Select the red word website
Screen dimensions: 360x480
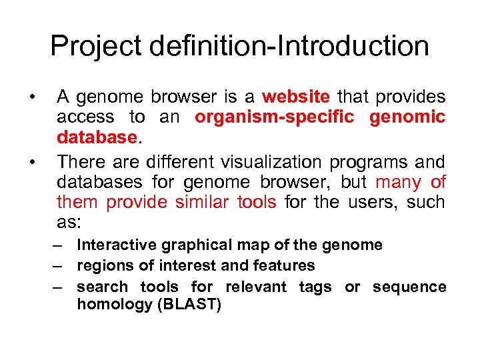(296, 97)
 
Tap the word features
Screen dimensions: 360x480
(283, 265)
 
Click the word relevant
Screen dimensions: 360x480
(256, 287)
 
